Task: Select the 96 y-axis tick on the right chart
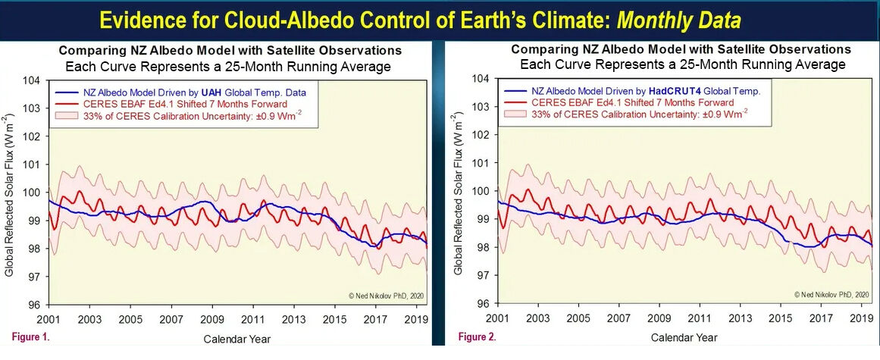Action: pos(483,304)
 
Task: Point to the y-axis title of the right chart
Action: pos(459,191)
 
